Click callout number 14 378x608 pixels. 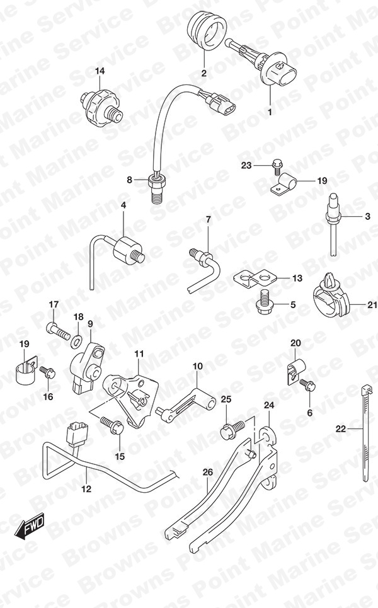(100, 71)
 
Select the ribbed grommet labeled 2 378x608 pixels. (207, 30)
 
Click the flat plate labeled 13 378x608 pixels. (254, 278)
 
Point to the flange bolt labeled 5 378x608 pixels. (265, 304)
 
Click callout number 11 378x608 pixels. (139, 353)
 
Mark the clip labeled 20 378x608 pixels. (295, 372)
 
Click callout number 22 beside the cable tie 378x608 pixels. (341, 429)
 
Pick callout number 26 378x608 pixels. (208, 473)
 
